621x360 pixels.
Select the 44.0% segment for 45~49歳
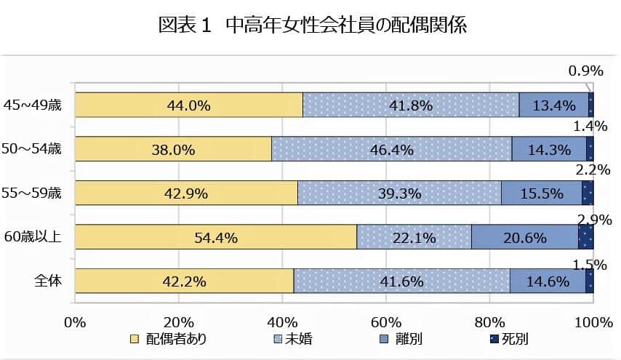click(x=188, y=105)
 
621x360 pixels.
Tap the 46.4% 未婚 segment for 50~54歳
click(x=391, y=150)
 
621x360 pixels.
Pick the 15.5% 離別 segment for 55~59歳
click(x=540, y=193)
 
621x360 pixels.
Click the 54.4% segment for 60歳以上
click(x=216, y=237)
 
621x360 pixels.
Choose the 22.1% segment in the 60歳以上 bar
click(x=414, y=237)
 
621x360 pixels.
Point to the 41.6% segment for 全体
click(x=401, y=281)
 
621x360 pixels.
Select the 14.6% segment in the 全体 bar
click(x=547, y=281)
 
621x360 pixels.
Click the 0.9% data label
click(x=586, y=71)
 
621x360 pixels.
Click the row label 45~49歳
click(x=33, y=105)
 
